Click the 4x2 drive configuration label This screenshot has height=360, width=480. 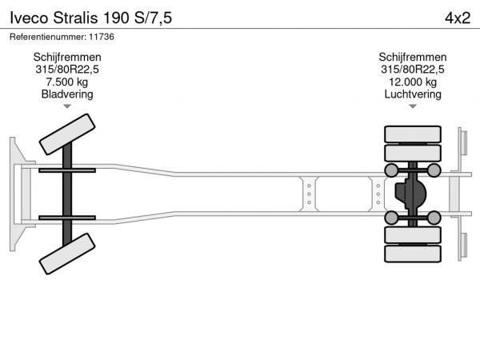pos(458,18)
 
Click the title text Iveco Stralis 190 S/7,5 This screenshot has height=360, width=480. pos(91,18)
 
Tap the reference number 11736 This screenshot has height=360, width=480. pos(102,37)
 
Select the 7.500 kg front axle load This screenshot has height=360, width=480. pos(67,82)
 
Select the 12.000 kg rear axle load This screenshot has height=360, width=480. pos(413,82)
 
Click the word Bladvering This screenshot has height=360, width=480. pos(67,94)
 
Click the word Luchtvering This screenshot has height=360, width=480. pos(413,94)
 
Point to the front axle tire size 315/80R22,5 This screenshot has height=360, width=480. pos(67,70)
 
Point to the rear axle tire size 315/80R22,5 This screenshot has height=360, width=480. pos(413,70)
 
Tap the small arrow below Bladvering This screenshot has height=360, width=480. pos(67,106)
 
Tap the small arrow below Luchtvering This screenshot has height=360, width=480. pos(413,106)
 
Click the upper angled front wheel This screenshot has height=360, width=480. pos(67,134)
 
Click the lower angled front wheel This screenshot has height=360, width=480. pos(67,254)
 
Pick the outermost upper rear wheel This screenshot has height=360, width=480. pos(413,134)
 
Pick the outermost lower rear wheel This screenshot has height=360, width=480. pos(413,254)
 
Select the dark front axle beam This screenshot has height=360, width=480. pos(67,194)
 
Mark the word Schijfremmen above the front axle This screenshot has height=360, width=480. pos(67,58)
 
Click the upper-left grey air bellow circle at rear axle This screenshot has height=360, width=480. pos(391,170)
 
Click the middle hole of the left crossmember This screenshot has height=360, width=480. pos(309,194)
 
